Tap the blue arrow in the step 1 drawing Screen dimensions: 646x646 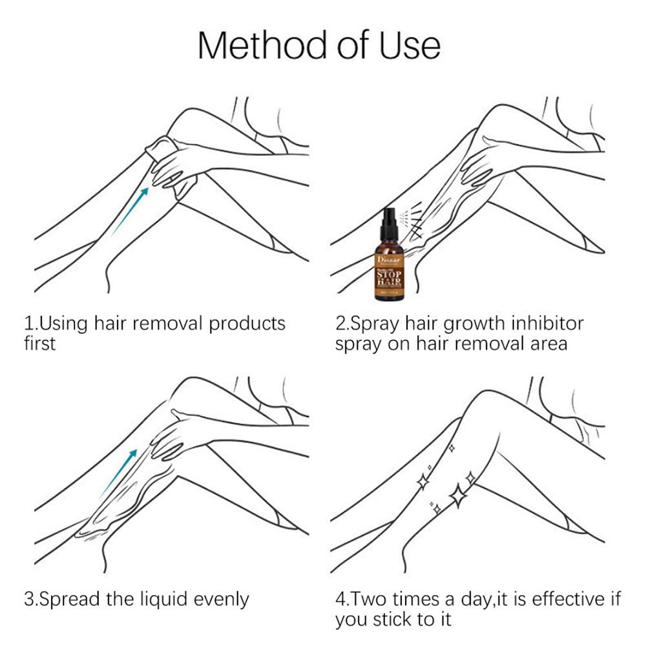(x=130, y=209)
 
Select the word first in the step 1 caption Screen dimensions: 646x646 (x=40, y=343)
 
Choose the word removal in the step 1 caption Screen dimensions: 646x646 (x=163, y=323)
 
